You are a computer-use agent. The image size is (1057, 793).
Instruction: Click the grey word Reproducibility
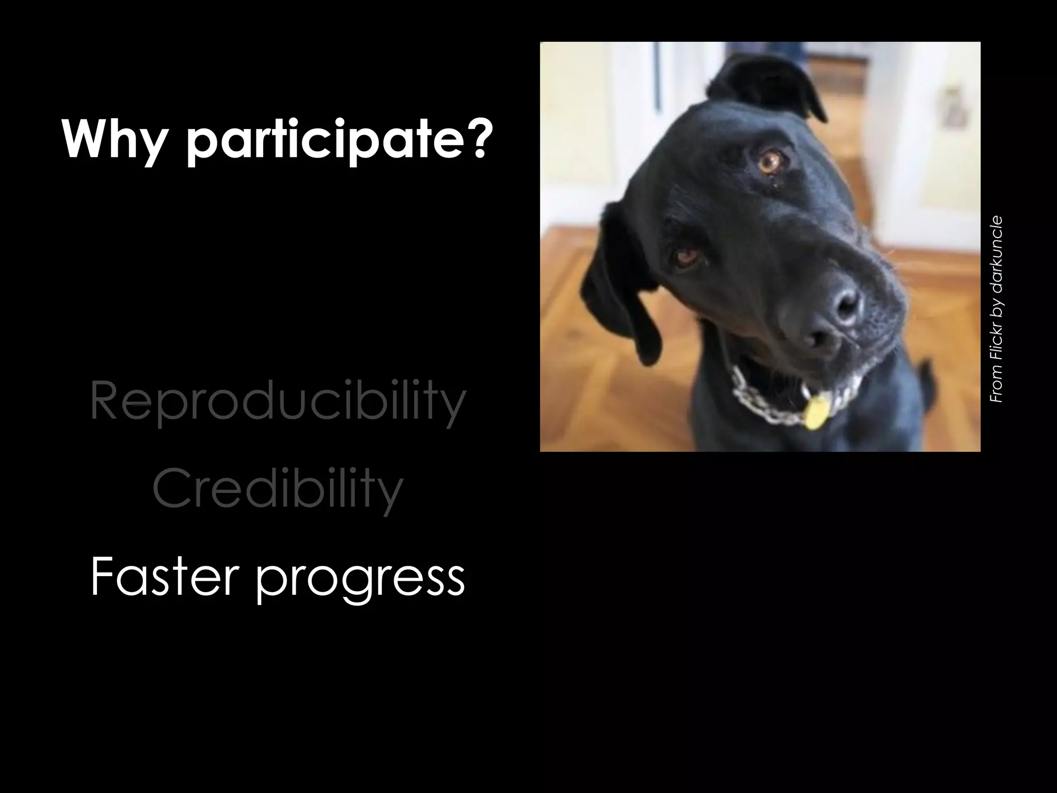[x=278, y=402]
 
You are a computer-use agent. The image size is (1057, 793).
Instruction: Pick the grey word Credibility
[x=278, y=489]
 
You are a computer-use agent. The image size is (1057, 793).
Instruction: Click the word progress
[x=360, y=581]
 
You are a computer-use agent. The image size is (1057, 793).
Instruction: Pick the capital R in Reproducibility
[x=103, y=401]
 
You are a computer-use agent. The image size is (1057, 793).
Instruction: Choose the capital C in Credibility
[x=168, y=488]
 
